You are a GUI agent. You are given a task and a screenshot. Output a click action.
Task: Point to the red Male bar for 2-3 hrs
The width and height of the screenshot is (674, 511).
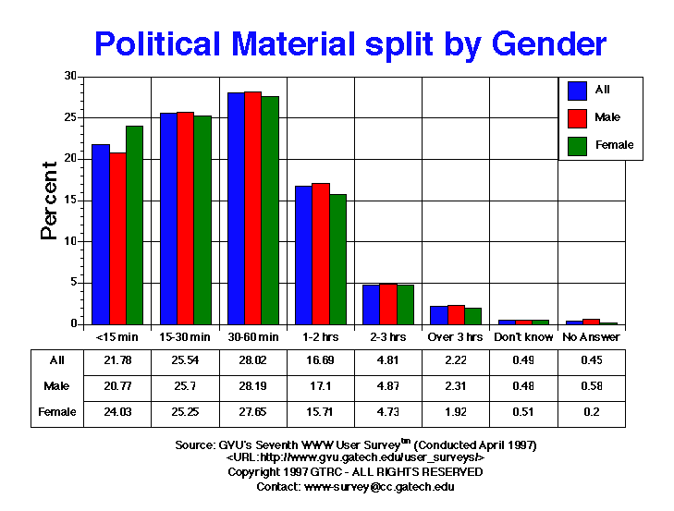pyautogui.click(x=388, y=304)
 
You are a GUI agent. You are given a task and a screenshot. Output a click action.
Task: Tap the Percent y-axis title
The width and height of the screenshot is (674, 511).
pyautogui.click(x=51, y=201)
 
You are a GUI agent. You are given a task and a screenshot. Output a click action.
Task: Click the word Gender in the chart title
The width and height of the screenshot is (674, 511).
pyautogui.click(x=548, y=43)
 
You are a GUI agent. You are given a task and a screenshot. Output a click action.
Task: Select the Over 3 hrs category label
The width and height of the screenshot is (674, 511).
pyautogui.click(x=455, y=338)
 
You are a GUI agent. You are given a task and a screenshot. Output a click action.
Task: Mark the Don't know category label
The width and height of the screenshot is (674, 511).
pyautogui.click(x=523, y=338)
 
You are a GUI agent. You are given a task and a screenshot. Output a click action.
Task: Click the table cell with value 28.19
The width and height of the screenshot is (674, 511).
pyautogui.click(x=252, y=386)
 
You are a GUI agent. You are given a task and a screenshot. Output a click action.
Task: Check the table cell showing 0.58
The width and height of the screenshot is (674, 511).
pyautogui.click(x=592, y=386)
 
